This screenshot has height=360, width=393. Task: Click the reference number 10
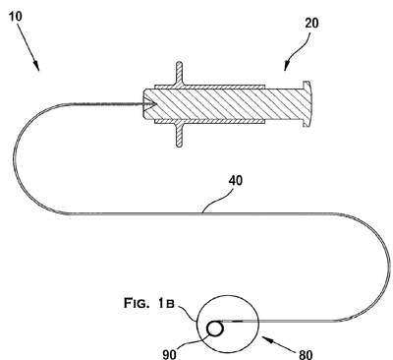tap(15, 16)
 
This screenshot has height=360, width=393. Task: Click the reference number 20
tap(311, 24)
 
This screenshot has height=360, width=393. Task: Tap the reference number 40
tap(236, 181)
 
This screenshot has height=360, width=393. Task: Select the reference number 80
tap(306, 354)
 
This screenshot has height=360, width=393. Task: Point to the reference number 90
tap(169, 354)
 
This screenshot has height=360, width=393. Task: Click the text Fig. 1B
tap(148, 303)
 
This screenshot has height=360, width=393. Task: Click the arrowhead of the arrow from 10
tap(37, 67)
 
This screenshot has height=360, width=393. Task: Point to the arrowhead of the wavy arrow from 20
tap(286, 66)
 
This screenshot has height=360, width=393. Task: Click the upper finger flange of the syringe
tap(179, 74)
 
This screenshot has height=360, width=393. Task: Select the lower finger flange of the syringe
tap(179, 135)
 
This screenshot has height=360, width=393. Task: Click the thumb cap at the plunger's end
tap(307, 103)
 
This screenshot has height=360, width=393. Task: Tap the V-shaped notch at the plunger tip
tap(151, 104)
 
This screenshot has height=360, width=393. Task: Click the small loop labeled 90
tap(215, 329)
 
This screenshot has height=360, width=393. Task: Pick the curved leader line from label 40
tap(216, 200)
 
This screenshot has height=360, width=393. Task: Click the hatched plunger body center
tap(223, 104)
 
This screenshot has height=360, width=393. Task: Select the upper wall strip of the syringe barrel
tap(209, 87)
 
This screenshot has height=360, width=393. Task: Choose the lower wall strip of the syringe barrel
tap(209, 121)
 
